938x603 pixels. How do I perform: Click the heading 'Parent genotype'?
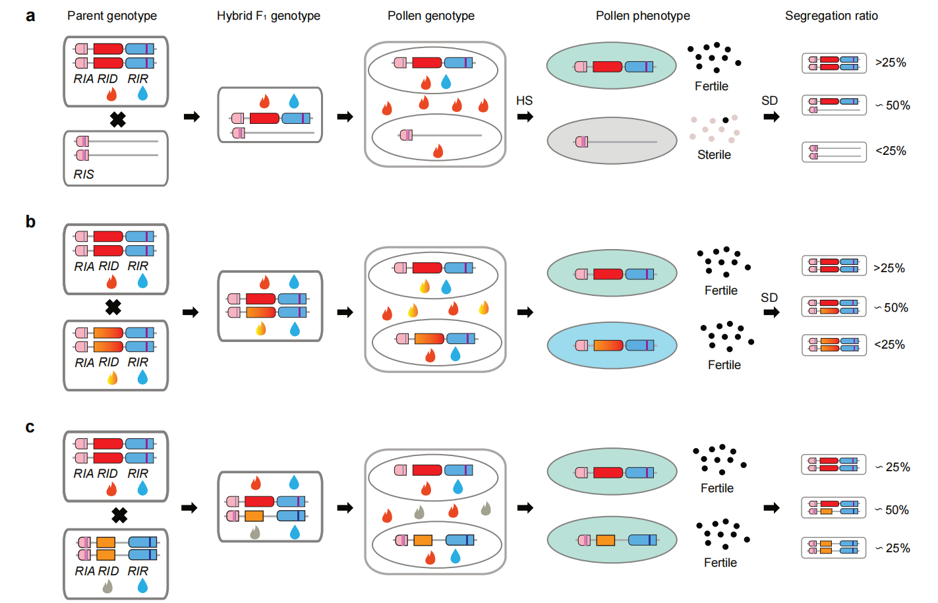(112, 16)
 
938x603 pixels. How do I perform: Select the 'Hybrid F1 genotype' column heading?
(268, 16)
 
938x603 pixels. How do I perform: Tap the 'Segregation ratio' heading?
(831, 16)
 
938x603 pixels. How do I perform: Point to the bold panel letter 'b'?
(30, 222)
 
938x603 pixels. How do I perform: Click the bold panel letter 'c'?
(30, 427)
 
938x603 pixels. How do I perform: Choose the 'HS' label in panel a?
(524, 101)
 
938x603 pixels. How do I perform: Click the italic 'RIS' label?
(84, 175)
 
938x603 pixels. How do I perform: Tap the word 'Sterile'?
(714, 155)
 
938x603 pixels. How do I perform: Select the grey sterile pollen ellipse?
(612, 141)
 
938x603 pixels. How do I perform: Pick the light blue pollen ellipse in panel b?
(612, 345)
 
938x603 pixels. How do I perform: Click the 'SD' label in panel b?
(769, 298)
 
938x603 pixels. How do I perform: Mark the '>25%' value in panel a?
(891, 63)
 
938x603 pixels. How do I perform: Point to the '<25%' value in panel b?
(889, 345)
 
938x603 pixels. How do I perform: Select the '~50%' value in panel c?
(893, 510)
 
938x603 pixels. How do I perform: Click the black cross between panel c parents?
(119, 515)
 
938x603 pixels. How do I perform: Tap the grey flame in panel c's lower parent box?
(107, 586)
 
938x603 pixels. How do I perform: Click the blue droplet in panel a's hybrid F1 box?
(294, 101)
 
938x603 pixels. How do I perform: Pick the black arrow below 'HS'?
(525, 117)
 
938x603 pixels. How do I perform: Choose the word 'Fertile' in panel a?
(711, 86)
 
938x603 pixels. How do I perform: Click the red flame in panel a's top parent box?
(111, 95)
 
